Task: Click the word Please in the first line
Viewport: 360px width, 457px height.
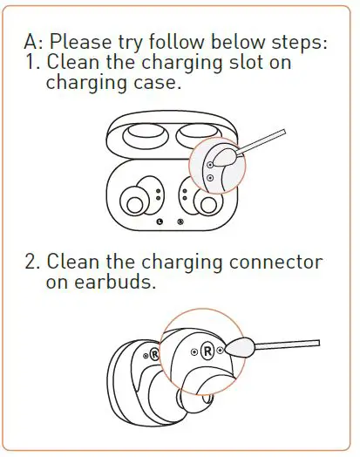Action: point(91,43)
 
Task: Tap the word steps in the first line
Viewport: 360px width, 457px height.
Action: point(295,43)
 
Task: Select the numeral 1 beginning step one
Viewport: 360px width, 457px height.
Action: point(31,64)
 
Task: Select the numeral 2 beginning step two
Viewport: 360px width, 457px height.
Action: point(32,263)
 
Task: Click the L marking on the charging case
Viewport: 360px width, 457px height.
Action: point(159,222)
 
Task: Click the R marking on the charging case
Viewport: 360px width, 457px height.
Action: point(180,222)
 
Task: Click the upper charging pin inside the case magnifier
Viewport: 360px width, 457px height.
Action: point(210,164)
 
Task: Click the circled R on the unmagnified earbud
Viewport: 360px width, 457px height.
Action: point(153,354)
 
